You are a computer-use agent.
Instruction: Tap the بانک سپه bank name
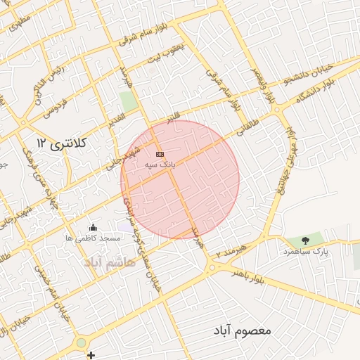pos(160,164)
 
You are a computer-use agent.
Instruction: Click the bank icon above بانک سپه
pos(160,153)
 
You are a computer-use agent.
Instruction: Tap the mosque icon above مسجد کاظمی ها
pos(94,227)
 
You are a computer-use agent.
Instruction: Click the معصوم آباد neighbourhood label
pos(245,330)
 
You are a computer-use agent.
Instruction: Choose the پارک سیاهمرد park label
pos(306,251)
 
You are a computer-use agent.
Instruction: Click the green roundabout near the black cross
pos(82,342)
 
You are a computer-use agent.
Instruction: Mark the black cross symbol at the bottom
pos(91,355)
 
